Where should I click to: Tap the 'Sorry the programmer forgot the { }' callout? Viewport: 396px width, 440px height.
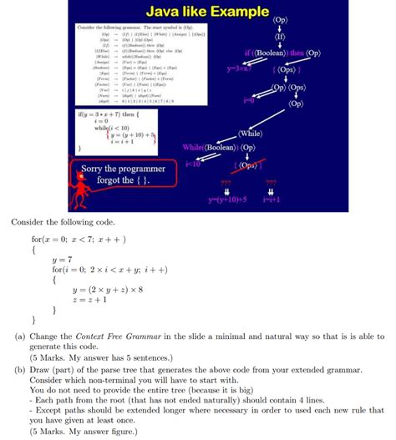coord(116,176)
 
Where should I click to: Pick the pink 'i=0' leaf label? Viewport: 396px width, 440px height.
coord(248,100)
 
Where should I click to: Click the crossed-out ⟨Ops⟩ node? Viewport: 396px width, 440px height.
coord(251,164)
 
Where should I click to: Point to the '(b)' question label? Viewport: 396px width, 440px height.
coord(18,367)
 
